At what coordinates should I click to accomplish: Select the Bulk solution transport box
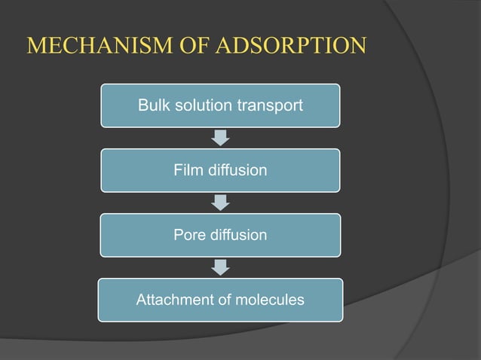pos(220,105)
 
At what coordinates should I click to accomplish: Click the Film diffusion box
pos(220,170)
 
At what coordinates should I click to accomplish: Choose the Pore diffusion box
pos(220,235)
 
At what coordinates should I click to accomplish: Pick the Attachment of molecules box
pos(220,301)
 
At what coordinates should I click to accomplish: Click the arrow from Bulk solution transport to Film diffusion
pos(220,138)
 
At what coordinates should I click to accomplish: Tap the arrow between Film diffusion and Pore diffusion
pos(220,203)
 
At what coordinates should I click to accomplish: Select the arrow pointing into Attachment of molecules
pos(220,267)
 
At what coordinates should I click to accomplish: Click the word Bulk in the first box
pos(152,105)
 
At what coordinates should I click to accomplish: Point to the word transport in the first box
pos(271,106)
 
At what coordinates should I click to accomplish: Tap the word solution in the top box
pos(204,105)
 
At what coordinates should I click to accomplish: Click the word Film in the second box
pos(187,170)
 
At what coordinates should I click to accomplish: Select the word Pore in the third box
pos(188,235)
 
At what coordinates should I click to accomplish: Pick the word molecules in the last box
pos(269,301)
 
